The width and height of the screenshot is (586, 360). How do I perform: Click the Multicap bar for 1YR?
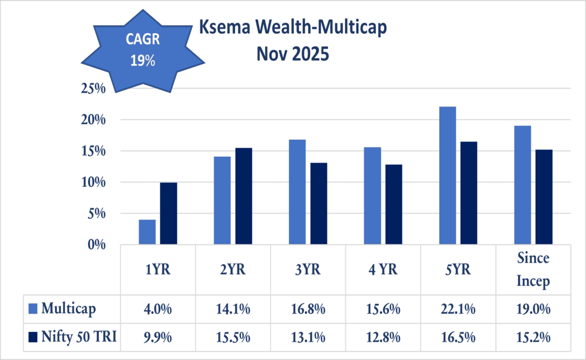tap(147, 232)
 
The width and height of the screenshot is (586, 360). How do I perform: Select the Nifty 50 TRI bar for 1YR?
tap(168, 213)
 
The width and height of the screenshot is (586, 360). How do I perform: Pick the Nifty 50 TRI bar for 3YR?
tap(319, 204)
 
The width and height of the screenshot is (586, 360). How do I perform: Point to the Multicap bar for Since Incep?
tap(522, 185)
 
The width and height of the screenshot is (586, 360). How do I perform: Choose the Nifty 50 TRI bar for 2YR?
tap(244, 196)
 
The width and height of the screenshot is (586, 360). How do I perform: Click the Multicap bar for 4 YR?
tap(373, 196)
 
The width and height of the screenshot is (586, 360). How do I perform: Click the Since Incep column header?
tap(533, 270)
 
